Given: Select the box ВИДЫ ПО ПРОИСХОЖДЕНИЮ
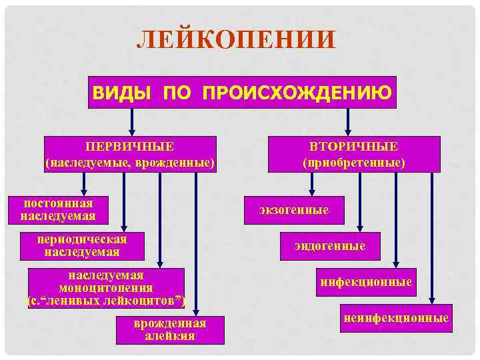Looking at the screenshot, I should pyautogui.click(x=242, y=92).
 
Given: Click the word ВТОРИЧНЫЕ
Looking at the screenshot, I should pyautogui.click(x=353, y=146).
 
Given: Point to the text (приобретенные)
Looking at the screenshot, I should pyautogui.click(x=353, y=162).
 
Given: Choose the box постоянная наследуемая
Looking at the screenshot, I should pyautogui.click(x=59, y=209).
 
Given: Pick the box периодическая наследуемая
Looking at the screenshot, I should pyautogui.click(x=83, y=245).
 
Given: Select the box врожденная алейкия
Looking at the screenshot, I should pyautogui.click(x=170, y=329).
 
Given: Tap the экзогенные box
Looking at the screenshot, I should pyautogui.click(x=294, y=210).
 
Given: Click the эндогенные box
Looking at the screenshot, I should pyautogui.click(x=330, y=246).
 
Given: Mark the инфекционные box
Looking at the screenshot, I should pyautogui.click(x=366, y=282).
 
